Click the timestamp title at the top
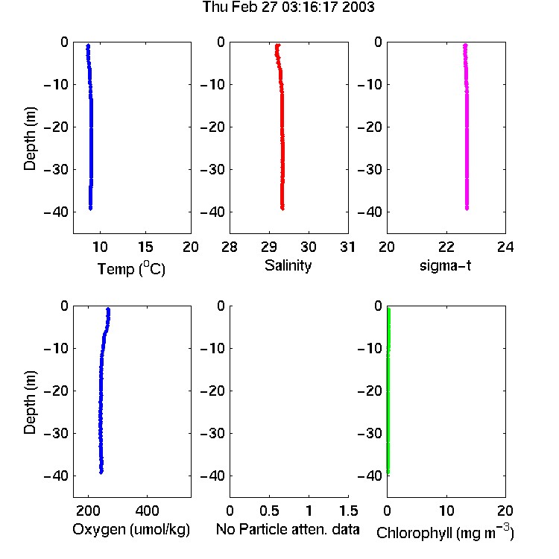288,7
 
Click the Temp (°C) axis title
131,268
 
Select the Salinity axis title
288,265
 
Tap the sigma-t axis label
445,265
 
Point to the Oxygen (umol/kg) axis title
131,529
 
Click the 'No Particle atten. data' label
288,529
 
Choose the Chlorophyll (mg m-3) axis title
445,531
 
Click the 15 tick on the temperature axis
145,247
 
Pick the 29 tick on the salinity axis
269,247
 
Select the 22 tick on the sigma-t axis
446,247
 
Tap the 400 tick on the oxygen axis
147,511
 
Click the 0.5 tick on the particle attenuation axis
269,511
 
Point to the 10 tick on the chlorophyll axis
446,511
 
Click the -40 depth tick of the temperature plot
56,212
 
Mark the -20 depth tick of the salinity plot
213,127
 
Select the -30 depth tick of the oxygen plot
56,433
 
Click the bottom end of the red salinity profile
282,208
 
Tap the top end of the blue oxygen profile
108,309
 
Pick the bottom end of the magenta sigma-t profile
467,208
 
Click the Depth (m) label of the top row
30,139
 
